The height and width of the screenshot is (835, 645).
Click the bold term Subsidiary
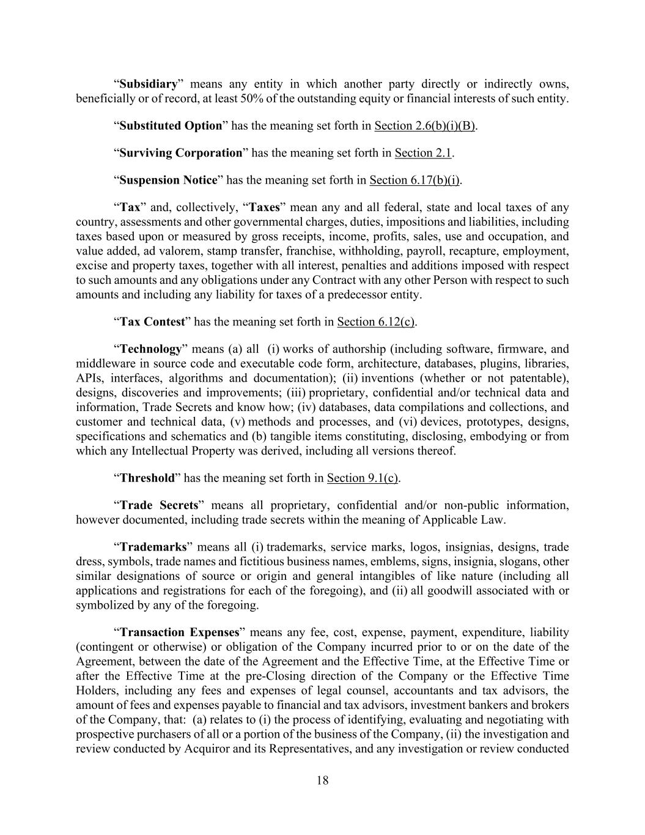148,84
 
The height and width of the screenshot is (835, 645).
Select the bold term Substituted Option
171,125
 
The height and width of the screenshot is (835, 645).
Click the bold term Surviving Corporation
181,152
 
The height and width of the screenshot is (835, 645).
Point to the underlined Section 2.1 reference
423,152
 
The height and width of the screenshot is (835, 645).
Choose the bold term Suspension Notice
168,180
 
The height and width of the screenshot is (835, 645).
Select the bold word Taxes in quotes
264,207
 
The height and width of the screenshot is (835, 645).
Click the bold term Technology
151,349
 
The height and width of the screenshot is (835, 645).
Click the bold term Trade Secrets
159,505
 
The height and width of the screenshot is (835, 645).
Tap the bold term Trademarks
153,547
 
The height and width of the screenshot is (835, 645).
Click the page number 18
323,780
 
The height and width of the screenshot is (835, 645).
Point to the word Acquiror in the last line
204,748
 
